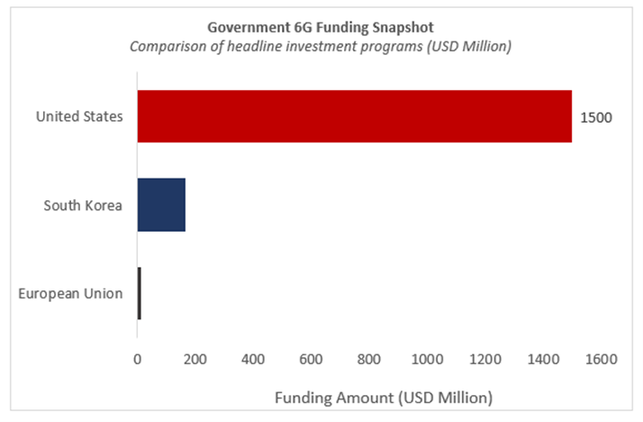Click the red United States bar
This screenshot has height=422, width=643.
(x=354, y=116)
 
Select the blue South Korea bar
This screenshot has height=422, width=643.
(x=161, y=205)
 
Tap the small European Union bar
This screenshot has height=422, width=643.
(x=140, y=293)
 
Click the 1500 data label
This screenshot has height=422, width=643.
(x=596, y=117)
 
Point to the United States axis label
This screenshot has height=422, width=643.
(x=79, y=116)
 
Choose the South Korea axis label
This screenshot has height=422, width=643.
(x=84, y=205)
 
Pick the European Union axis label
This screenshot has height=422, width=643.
(x=71, y=293)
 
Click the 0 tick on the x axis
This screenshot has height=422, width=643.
(x=138, y=359)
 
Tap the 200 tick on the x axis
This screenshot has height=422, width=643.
(x=195, y=359)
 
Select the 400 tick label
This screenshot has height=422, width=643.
(x=253, y=359)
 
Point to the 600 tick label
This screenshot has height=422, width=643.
(x=311, y=359)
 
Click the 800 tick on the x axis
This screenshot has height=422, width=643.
(x=369, y=359)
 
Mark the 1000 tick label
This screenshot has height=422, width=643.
(x=427, y=359)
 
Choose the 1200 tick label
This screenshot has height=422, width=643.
(x=485, y=359)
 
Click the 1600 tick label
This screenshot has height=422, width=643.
(x=601, y=359)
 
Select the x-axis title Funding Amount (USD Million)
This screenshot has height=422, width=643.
(x=384, y=397)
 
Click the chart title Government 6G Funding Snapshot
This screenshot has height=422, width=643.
(x=321, y=27)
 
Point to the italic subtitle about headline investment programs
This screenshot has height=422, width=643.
(x=321, y=47)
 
